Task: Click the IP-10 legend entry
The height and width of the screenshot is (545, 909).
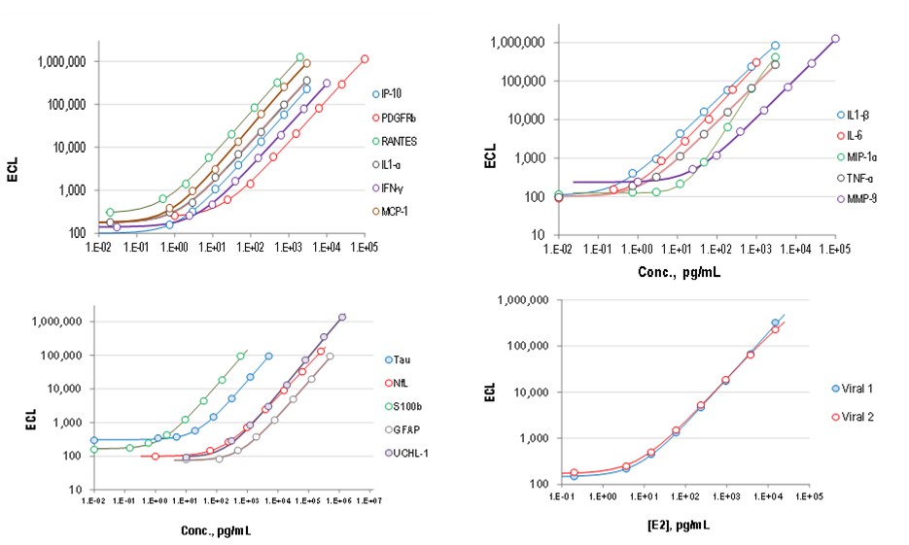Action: (x=394, y=95)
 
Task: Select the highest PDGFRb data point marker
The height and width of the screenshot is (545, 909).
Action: (x=365, y=59)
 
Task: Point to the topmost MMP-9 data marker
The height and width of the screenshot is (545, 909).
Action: (x=835, y=39)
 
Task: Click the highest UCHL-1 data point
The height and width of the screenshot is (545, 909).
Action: (x=342, y=317)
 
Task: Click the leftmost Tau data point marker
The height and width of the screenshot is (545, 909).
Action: (x=94, y=440)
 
